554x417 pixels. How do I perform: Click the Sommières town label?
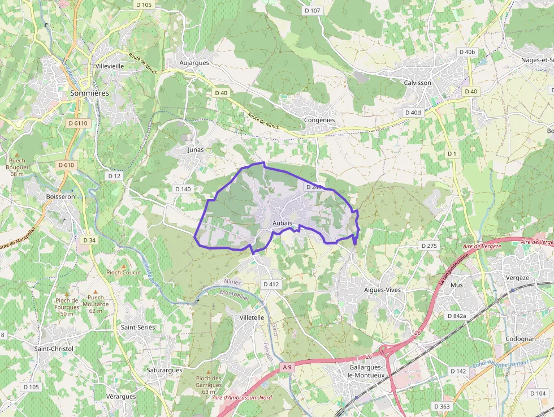[x=89, y=92]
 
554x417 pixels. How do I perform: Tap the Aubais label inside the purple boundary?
[x=282, y=224]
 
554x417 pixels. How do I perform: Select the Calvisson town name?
[x=417, y=83]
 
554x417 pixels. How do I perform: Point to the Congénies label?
[x=319, y=120]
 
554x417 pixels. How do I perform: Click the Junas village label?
[x=195, y=150]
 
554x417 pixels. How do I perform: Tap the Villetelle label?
[x=252, y=317]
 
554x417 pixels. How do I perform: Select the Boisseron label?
[x=60, y=196]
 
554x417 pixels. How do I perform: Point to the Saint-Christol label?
[x=54, y=349]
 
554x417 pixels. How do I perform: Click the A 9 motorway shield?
[x=287, y=367]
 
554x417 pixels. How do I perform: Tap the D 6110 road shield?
[x=77, y=123]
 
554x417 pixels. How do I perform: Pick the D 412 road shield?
[x=271, y=284]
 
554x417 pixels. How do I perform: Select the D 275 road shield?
[x=429, y=246]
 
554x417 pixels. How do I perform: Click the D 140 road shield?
[x=183, y=189]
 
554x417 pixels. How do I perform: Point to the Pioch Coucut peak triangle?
[x=124, y=265]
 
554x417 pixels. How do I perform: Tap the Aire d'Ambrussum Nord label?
[x=242, y=398]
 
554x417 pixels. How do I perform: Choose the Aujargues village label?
[x=193, y=63]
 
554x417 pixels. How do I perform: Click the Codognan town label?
[x=521, y=339]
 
